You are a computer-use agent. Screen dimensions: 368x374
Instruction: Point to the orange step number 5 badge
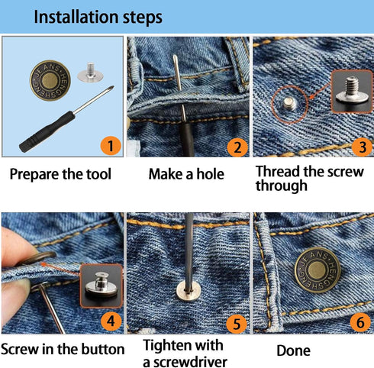(x=237, y=324)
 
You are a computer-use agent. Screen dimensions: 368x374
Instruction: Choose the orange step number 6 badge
(x=358, y=322)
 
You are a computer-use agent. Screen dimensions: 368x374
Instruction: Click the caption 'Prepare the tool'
(x=60, y=174)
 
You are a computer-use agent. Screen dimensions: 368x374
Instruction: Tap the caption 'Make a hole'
(x=186, y=174)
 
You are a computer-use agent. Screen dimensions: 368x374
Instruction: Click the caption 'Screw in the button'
(x=63, y=350)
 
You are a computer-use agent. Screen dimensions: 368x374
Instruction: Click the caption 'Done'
(x=294, y=350)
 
